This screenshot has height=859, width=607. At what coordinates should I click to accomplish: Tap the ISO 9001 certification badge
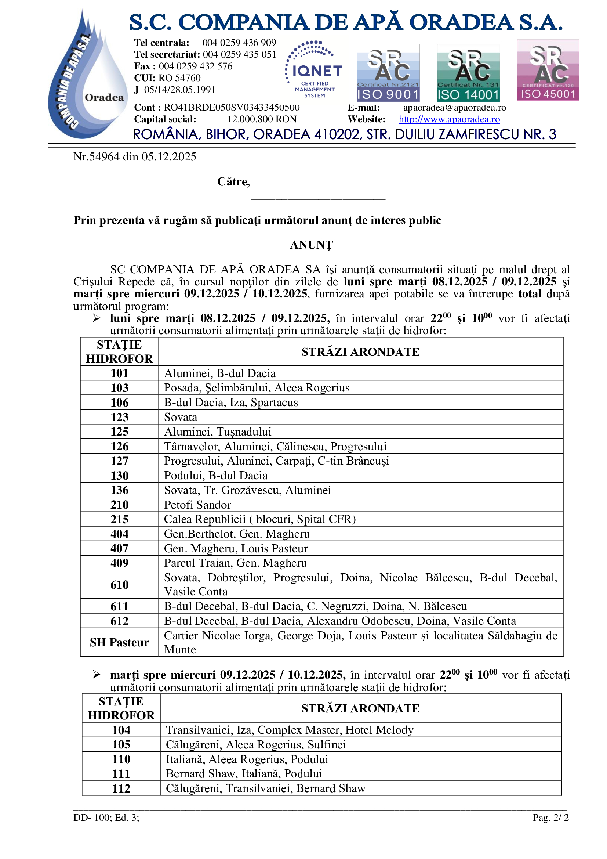point(388,73)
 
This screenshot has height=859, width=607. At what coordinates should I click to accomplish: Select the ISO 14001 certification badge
point(468,73)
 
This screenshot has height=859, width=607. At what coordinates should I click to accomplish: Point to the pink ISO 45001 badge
point(548,70)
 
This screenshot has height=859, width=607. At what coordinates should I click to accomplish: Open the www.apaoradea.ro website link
point(449,119)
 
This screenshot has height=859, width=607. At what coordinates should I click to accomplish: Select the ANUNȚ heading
point(311,245)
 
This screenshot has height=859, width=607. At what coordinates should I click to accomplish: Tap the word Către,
point(234,182)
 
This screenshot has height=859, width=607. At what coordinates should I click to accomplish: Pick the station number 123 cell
point(119,417)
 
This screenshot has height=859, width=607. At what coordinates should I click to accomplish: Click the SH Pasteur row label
point(119,642)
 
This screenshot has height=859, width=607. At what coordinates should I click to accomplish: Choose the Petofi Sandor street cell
point(197,505)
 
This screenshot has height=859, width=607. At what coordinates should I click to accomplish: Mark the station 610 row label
point(119,584)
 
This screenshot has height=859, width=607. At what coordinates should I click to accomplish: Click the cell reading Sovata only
point(181,417)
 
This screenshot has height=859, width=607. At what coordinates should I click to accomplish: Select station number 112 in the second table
point(121,788)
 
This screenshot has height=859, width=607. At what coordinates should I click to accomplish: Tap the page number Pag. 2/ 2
point(550,818)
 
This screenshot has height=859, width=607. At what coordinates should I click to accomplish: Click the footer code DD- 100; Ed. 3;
point(106,818)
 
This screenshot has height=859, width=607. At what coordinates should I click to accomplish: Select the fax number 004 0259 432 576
point(196,66)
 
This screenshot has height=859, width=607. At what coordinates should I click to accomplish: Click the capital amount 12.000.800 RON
point(262,119)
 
